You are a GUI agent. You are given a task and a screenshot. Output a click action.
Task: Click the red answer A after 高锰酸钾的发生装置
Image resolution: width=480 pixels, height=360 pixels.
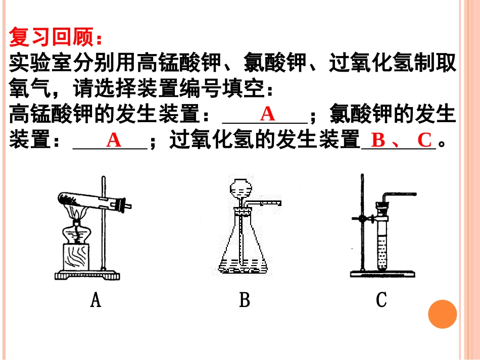click(267, 114)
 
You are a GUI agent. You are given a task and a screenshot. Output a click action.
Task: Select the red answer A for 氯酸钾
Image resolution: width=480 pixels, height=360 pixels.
click(114, 140)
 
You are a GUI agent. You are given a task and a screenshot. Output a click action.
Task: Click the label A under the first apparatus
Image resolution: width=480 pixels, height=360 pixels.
click(95, 300)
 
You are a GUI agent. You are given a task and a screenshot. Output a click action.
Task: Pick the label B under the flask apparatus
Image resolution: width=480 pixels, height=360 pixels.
click(245, 300)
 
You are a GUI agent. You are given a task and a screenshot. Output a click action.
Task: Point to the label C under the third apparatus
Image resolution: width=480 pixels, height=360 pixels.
click(381, 300)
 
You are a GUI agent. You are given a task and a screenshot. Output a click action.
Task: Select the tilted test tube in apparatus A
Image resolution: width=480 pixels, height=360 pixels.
click(91, 200)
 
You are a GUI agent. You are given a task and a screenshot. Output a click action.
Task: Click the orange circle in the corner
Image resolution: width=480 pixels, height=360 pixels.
click(442, 314)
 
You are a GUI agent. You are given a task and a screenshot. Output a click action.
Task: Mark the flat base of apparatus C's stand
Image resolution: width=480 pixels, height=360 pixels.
click(382, 274)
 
